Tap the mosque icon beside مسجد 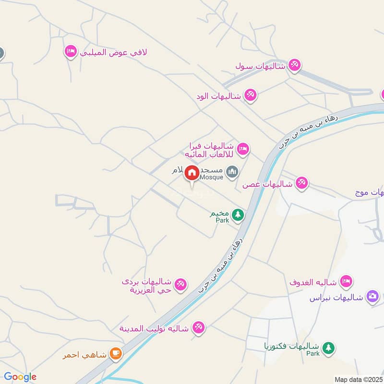(232, 172)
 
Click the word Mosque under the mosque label (212, 177)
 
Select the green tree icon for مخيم (238, 215)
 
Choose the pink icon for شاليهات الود (250, 95)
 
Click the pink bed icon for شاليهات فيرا (243, 149)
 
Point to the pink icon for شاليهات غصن (301, 183)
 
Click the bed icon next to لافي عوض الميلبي (71, 51)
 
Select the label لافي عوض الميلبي (113, 51)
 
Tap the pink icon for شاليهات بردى (180, 285)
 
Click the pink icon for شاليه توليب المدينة (198, 328)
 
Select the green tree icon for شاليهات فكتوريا (328, 348)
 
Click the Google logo (20, 377)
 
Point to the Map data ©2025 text (358, 379)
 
